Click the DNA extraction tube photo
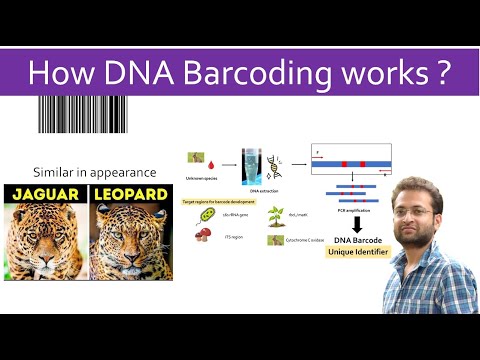click(252, 164)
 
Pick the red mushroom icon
click(203, 235)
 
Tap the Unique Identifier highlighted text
click(357, 253)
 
